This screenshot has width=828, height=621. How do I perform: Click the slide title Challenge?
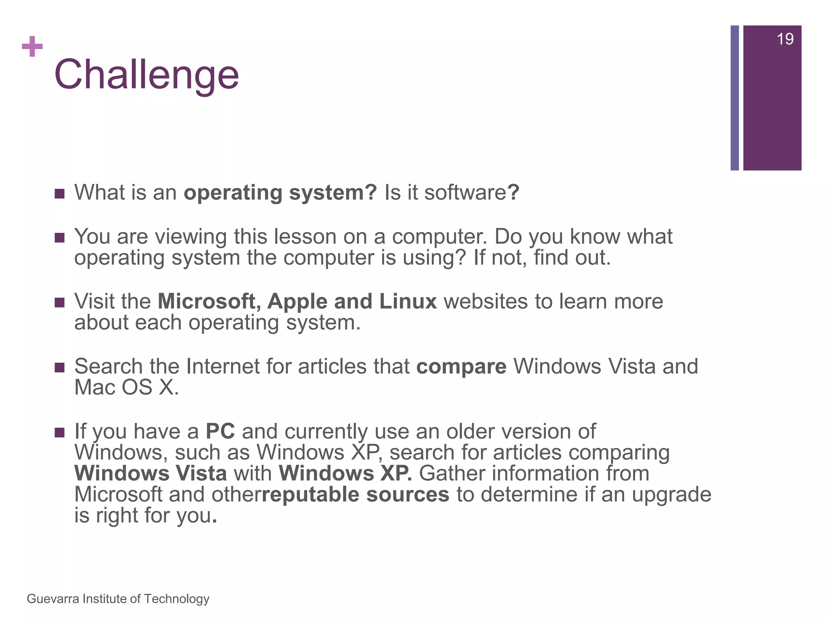146,75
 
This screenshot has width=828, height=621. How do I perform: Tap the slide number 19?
785,39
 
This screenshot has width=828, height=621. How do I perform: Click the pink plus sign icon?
32,46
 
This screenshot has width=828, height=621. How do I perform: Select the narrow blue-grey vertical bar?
734,98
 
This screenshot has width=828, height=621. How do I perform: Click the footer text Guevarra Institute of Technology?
118,599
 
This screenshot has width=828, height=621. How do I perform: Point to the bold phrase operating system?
280,192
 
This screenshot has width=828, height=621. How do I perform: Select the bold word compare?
461,367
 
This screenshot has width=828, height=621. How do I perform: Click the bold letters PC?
220,431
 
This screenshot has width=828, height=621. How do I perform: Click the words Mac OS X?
126,388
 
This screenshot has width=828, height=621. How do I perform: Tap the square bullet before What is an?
59,194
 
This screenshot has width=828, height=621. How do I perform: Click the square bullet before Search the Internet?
59,368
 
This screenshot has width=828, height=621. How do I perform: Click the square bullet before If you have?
59,433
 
